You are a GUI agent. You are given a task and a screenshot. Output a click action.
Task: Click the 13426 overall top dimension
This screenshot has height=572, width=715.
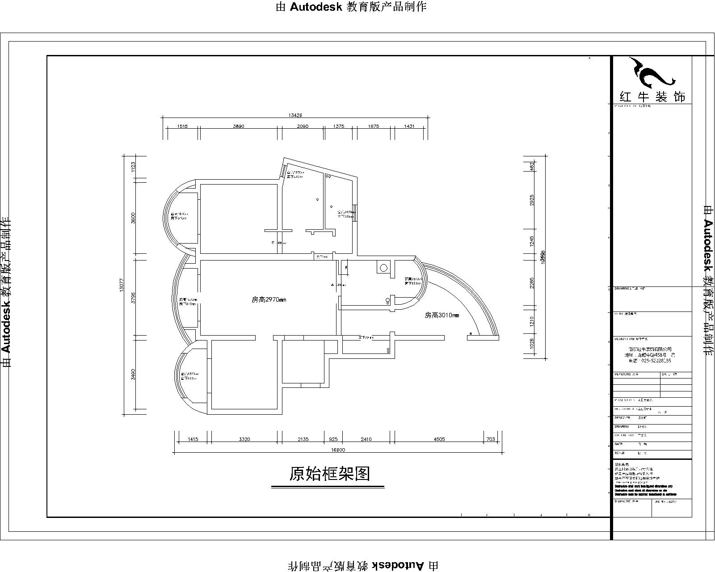[295, 115]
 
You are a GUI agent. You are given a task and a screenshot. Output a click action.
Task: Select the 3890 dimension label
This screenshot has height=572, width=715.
[239, 126]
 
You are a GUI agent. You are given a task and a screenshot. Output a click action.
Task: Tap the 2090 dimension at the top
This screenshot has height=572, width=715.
[303, 126]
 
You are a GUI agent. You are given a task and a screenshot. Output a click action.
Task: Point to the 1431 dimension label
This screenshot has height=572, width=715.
[409, 126]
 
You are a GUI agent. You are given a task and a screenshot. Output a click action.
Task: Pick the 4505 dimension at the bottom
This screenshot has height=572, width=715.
[439, 439]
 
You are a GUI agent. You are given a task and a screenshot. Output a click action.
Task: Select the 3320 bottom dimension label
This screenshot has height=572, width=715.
[244, 439]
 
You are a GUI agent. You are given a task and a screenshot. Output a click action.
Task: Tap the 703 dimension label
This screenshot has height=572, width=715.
[491, 439]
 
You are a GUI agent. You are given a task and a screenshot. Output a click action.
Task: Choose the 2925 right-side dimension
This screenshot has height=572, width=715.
[532, 200]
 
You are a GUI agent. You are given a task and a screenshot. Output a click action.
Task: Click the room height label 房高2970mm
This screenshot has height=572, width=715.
[269, 300]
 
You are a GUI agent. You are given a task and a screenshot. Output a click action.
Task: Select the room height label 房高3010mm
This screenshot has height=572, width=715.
[442, 315]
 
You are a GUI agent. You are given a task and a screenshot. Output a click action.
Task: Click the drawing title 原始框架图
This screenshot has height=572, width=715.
[330, 473]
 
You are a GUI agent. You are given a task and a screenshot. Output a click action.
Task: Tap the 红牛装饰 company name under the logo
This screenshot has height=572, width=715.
[652, 97]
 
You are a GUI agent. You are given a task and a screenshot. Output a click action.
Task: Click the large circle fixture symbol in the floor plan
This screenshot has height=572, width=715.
[383, 268]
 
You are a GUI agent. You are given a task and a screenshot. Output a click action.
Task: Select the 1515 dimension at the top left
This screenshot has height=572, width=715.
[182, 126]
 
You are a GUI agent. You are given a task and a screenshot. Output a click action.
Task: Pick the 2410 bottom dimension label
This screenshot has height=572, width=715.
[366, 439]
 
